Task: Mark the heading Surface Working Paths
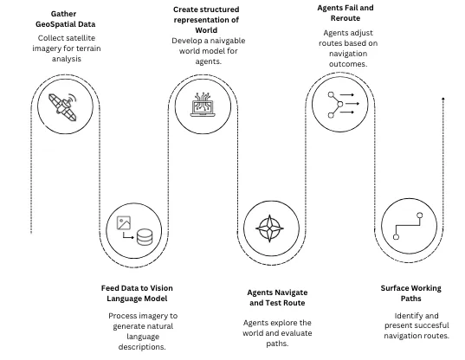click(x=410, y=292)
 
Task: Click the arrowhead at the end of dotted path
click(x=443, y=100)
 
